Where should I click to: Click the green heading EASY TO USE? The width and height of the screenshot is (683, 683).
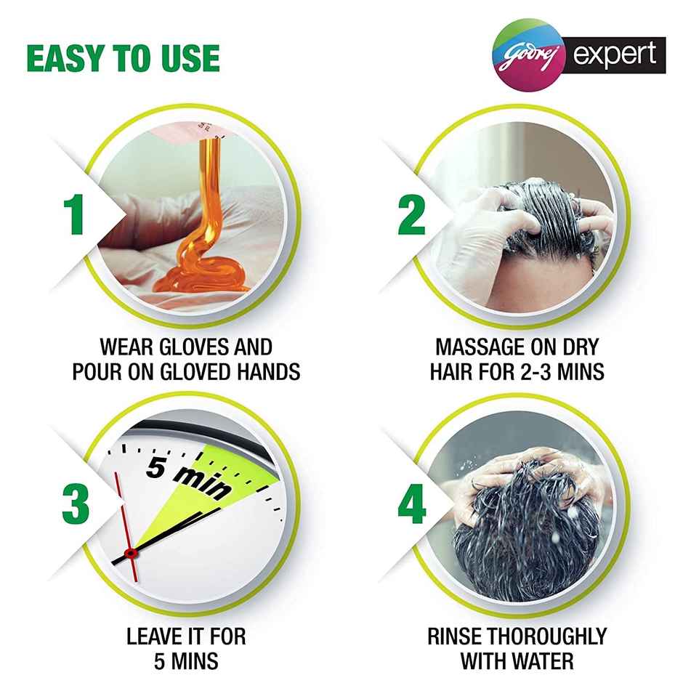tap(123, 59)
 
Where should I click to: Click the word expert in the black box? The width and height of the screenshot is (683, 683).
tap(614, 54)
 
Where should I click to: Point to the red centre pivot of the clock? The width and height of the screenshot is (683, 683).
tap(131, 554)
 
